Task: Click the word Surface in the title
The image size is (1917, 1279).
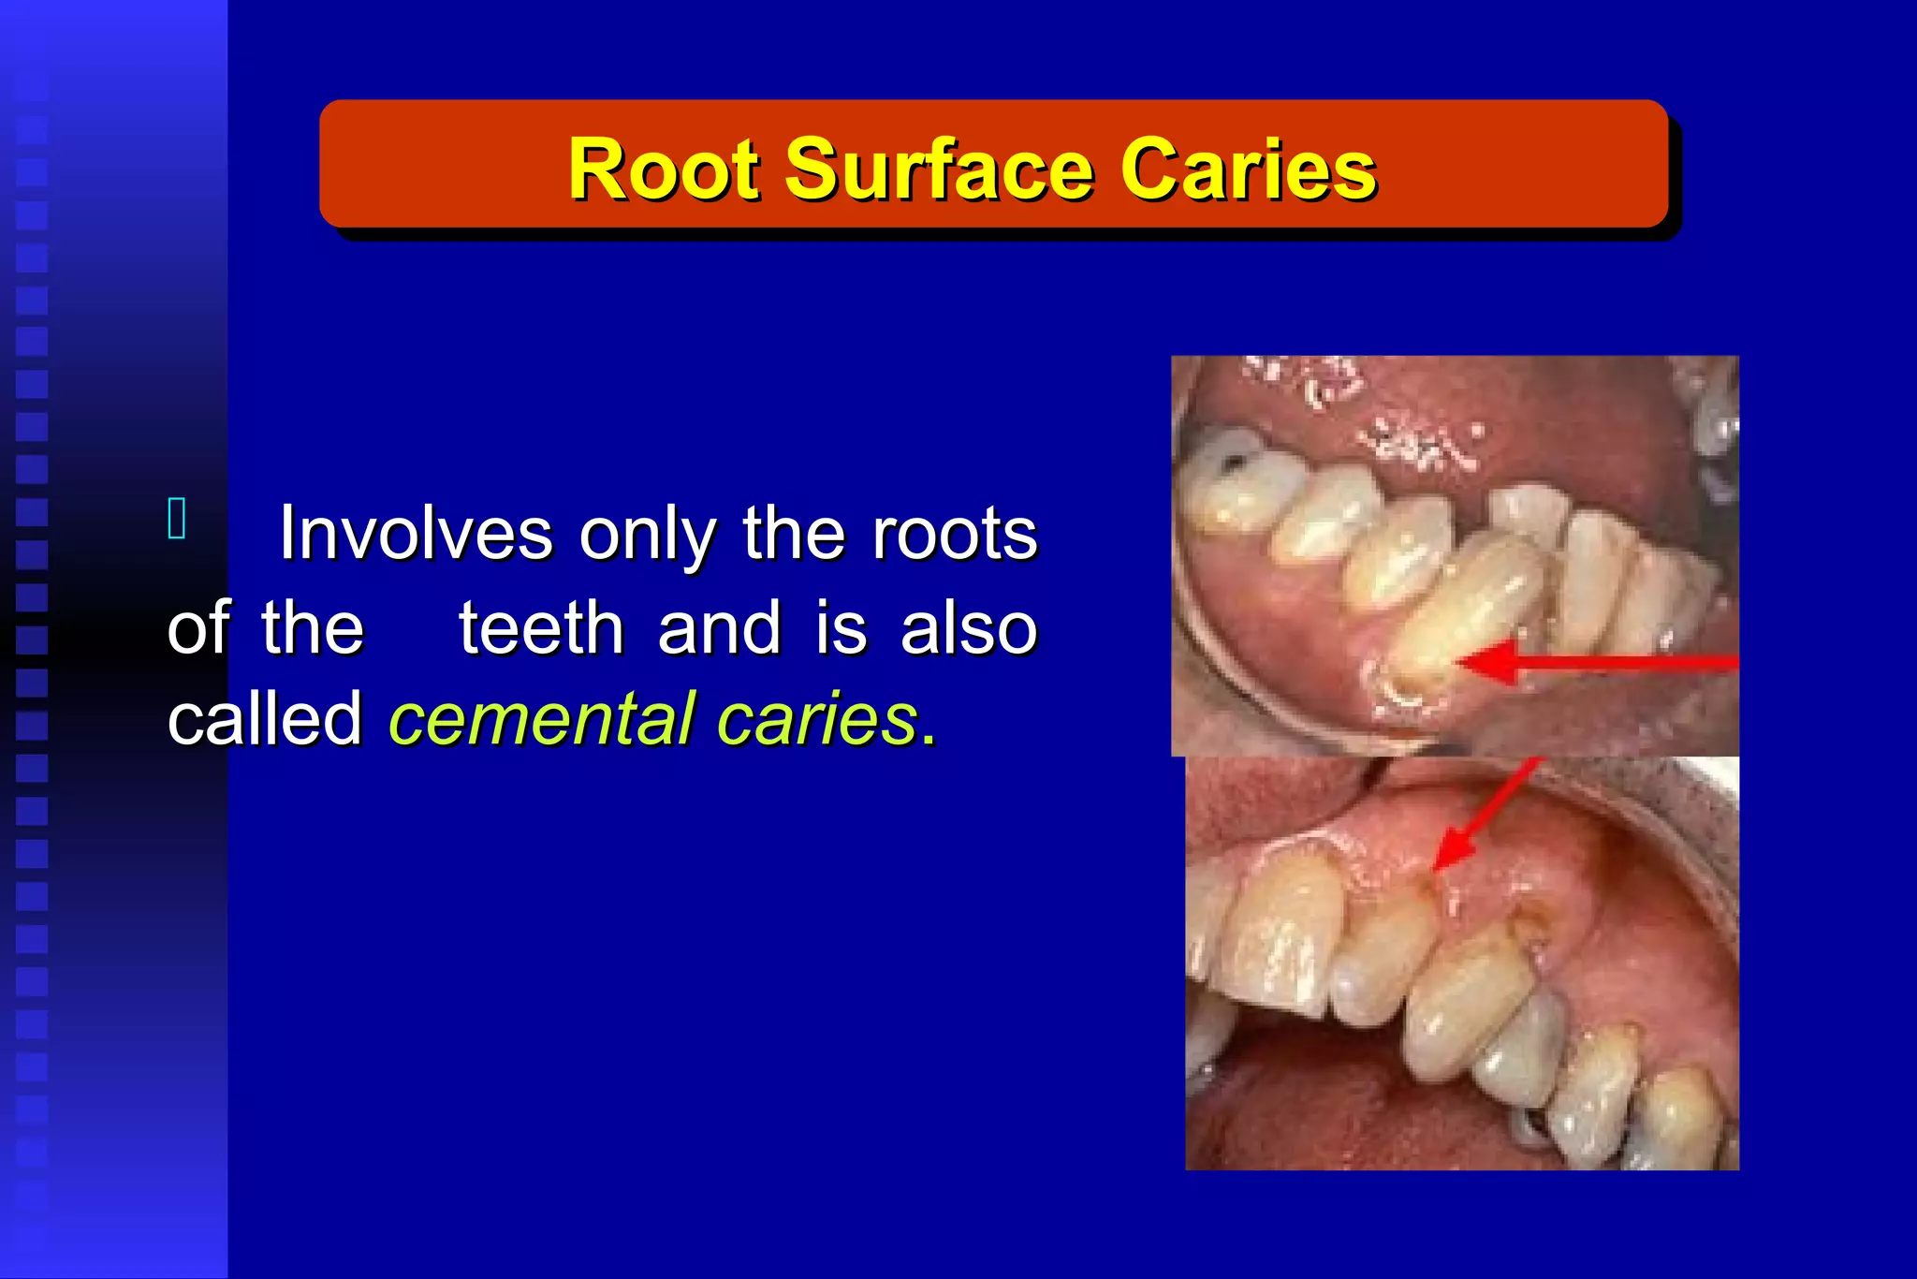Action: coord(938,169)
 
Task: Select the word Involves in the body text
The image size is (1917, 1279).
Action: coord(416,534)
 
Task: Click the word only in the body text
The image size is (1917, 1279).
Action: coord(648,534)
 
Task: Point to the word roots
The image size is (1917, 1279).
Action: coord(955,534)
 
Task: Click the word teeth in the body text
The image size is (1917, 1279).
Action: coord(541,628)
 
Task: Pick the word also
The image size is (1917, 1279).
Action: coord(969,628)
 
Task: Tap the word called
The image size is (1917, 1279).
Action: coord(265,720)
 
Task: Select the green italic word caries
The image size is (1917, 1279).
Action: coord(816,720)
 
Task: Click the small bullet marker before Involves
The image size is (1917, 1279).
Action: coord(177,519)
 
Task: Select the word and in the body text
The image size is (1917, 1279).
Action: coord(719,628)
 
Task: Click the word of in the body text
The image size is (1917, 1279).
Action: coord(198,628)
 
